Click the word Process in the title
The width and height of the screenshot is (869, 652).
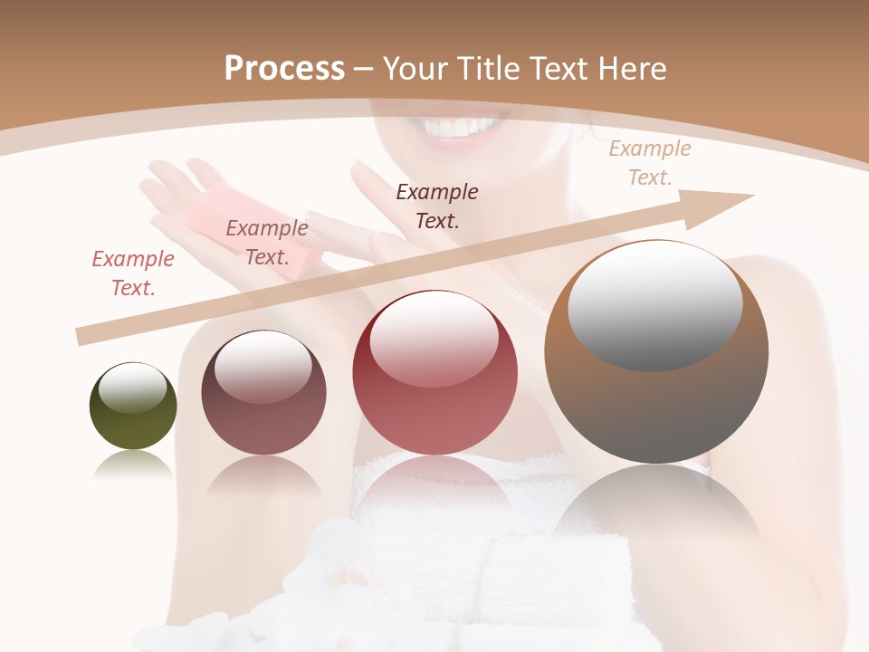coord(284,68)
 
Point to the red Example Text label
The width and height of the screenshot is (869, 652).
coord(133,273)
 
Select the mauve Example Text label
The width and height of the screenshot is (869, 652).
coord(267,242)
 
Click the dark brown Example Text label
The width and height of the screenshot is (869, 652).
coord(437,206)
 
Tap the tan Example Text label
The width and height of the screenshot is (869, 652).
coord(650,163)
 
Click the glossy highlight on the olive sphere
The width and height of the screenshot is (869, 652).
coord(133,387)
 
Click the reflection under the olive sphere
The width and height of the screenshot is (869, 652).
coord(133,465)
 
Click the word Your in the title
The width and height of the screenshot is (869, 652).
coord(416,68)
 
